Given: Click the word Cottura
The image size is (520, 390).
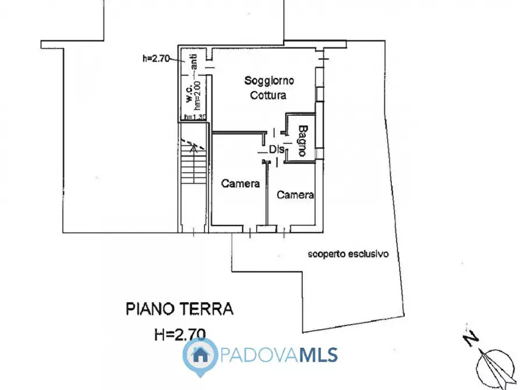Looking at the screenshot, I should tap(268, 95).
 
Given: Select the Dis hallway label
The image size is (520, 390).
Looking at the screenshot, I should tap(277, 149).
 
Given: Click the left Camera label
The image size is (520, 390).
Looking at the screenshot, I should tap(240, 183).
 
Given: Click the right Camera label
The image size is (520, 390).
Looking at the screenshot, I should tap(295, 195).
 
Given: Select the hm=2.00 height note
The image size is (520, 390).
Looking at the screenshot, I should tap(198, 95).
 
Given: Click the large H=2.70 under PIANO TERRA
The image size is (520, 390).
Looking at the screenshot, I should tap(179, 334).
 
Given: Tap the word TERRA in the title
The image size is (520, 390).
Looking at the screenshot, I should tap(208, 309).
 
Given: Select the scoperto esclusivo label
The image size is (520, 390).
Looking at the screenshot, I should tap(348, 254).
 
